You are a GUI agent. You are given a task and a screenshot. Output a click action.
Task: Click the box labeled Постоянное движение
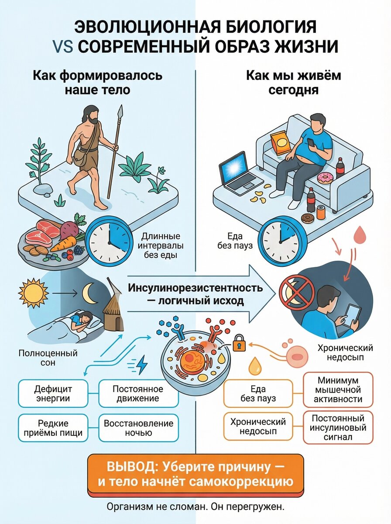pos(138,393)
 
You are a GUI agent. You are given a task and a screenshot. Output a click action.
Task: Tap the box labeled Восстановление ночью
pos(138,428)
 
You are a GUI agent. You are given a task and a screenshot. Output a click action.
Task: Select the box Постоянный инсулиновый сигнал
pos(338,427)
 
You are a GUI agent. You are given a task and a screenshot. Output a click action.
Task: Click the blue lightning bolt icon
pos(142,365)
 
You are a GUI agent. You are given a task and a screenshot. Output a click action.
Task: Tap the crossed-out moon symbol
pos(297,293)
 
